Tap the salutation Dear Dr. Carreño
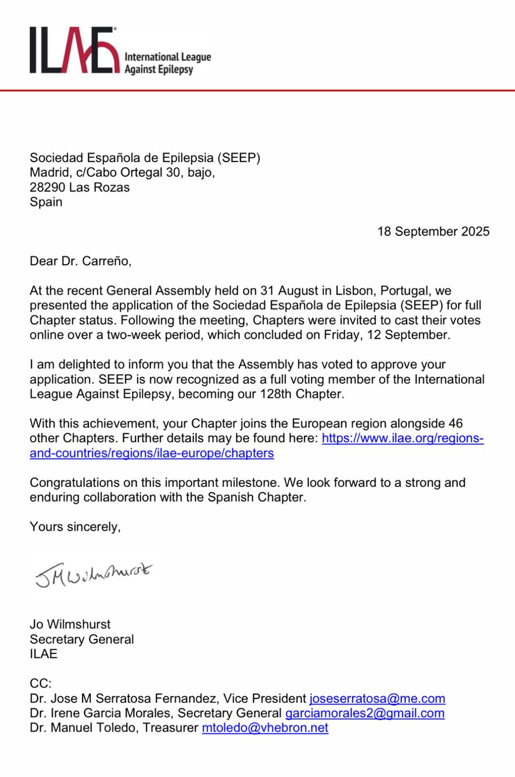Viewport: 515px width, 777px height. coord(81,261)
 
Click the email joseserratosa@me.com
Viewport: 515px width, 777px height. coord(377,699)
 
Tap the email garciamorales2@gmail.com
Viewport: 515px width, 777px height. coord(364,713)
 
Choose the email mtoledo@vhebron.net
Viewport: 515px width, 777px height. coord(265,728)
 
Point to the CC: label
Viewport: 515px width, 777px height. coord(41,683)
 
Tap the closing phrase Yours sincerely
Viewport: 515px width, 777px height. coord(75,527)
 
